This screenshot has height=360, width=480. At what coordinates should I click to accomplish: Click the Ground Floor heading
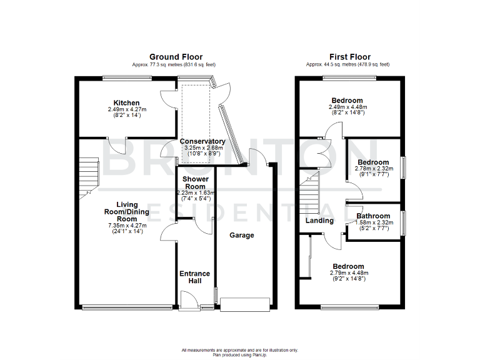pos(176,57)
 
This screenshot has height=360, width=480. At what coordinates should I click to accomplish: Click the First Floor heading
pos(347,57)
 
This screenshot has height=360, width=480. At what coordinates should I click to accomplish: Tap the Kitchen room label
pos(126,103)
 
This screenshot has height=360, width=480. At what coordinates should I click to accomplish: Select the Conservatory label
pos(202,142)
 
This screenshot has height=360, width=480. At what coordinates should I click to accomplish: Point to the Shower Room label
pos(195,182)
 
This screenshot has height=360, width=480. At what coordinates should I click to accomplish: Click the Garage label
pos(242,236)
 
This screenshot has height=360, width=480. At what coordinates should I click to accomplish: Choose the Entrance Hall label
pos(195,277)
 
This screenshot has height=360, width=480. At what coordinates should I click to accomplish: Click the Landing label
pos(319,221)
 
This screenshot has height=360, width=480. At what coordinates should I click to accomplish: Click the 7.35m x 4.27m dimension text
pos(126,226)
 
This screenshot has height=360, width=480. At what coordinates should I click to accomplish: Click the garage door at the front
pos(245,304)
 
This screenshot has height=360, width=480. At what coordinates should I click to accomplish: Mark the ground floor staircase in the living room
pos(89,174)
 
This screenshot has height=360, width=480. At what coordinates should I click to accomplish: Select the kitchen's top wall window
pos(127,77)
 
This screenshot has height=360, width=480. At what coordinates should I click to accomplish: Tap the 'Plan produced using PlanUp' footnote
pos(240,355)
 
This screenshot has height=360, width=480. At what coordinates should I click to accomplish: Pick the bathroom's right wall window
pos(402,221)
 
